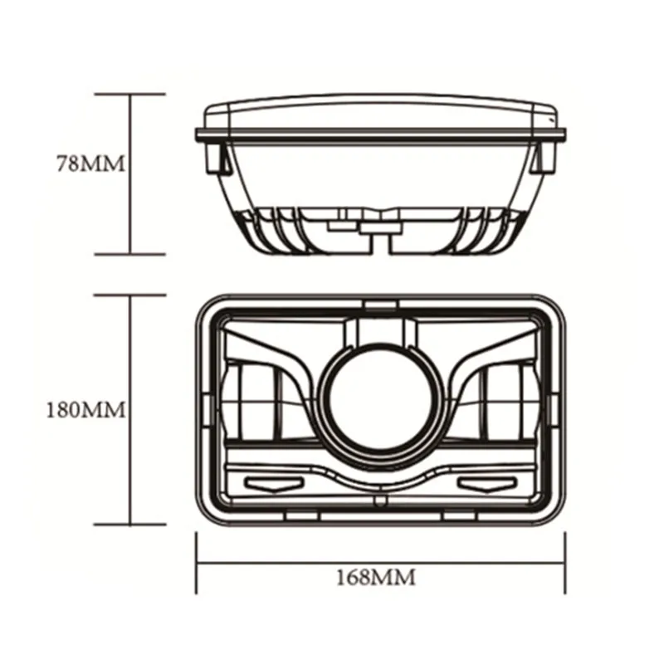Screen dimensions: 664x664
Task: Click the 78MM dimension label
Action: click(x=90, y=164)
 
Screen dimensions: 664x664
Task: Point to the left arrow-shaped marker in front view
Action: click(x=266, y=483)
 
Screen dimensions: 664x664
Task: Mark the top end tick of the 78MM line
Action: click(x=130, y=95)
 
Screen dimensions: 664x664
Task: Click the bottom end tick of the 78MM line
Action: click(x=130, y=254)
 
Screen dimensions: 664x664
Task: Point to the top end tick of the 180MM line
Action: click(x=130, y=293)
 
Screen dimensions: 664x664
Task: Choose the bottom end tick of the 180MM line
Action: click(x=130, y=525)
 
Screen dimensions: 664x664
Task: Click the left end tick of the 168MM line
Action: click(x=197, y=563)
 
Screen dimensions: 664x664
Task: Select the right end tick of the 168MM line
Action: click(x=564, y=563)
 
